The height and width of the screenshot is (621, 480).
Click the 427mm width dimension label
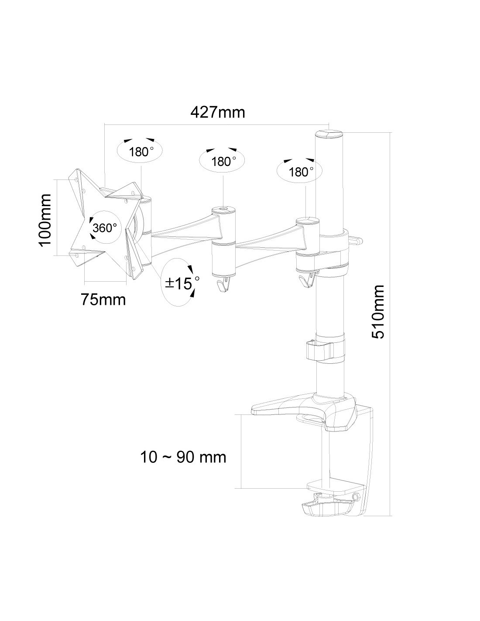pyautogui.click(x=218, y=112)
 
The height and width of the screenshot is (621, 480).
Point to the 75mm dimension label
pyautogui.click(x=103, y=300)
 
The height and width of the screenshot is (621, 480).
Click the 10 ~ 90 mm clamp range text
pyautogui.click(x=183, y=457)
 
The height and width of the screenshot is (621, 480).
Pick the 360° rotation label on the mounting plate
pyautogui.click(x=104, y=228)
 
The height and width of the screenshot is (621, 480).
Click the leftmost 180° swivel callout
pyautogui.click(x=140, y=152)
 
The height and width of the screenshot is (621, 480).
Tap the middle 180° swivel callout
pyautogui.click(x=223, y=161)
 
